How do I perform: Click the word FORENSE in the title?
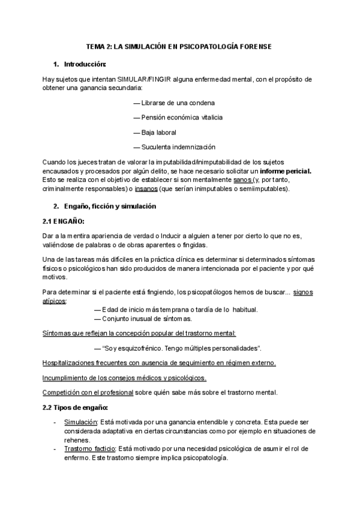(257, 47)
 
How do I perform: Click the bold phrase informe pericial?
(285, 171)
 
